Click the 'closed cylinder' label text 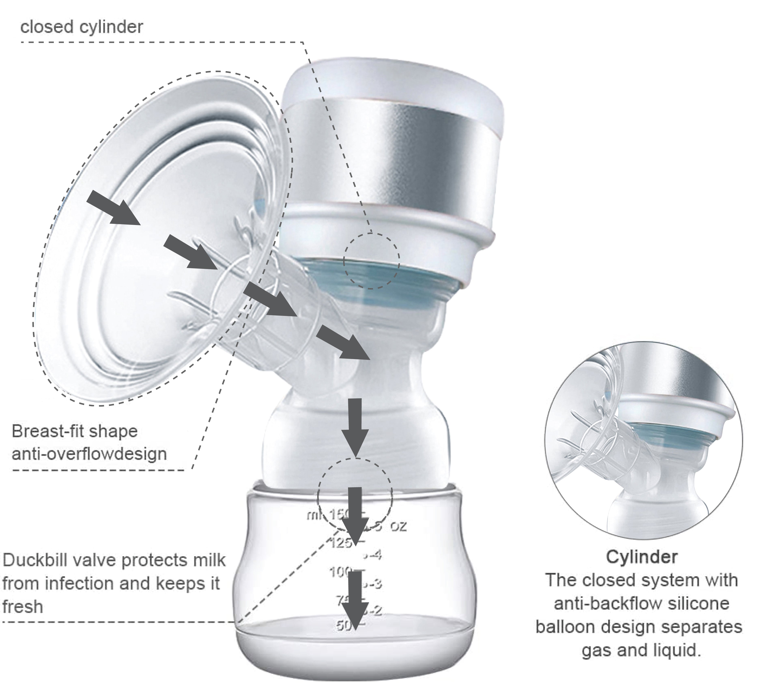82,27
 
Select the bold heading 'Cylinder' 641,557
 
